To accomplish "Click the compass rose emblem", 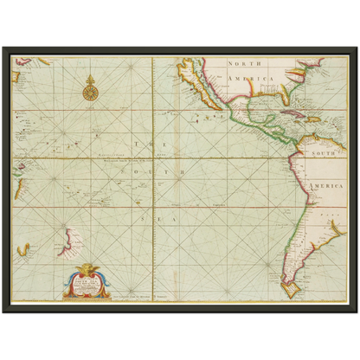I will point(89,87).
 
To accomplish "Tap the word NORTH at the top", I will point(244,64).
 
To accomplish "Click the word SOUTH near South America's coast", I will point(318,153).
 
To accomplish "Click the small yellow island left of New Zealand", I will point(25,250).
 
